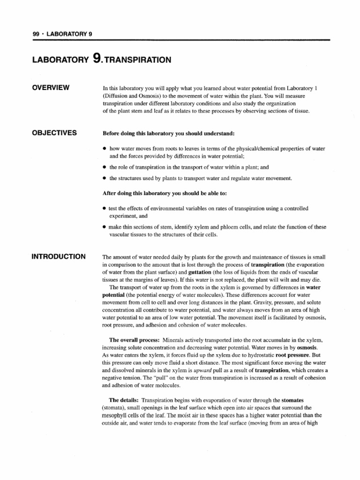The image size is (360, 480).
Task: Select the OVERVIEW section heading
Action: pos(50,88)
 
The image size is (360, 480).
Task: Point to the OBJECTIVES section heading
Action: pos(54,133)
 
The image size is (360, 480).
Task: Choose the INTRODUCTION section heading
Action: pos(59,256)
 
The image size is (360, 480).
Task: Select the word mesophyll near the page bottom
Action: pos(116,415)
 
